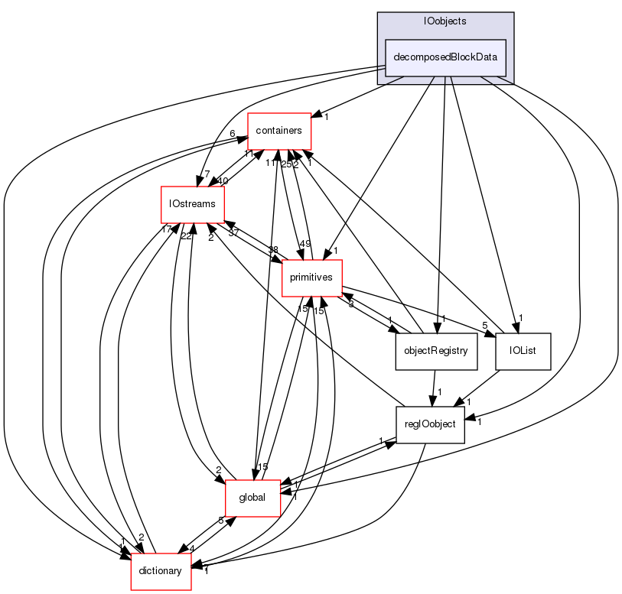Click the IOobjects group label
pos(445,21)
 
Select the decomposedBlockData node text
pos(445,57)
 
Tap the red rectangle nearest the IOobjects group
pos(279,131)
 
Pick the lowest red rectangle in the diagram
pos(161,572)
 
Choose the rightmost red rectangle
pos(311,278)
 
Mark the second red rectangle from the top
pos(193,205)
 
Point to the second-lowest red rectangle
pos(253,498)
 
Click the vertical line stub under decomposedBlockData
pos(446,80)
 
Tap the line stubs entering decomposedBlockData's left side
pos(381,68)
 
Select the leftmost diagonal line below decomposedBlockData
pos(395,80)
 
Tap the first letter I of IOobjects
pos(425,21)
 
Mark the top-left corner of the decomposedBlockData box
pos(386,40)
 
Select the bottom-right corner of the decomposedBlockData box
pos(506,75)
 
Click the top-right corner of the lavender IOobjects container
pos(513,13)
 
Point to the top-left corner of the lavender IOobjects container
pos(378,13)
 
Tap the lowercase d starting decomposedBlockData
pos(396,57)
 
